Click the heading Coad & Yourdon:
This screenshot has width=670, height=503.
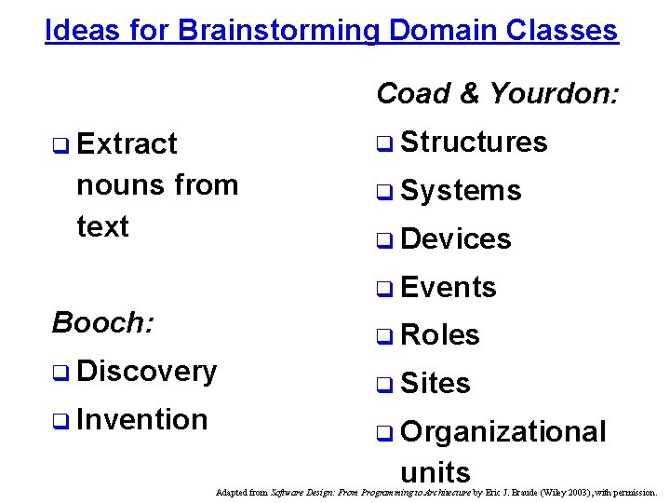point(497,93)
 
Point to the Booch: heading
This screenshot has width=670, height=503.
point(103,322)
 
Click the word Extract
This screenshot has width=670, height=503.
point(127,144)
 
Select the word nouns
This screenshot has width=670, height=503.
point(116,185)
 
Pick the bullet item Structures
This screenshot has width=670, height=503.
point(474,143)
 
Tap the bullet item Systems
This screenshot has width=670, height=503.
point(461,191)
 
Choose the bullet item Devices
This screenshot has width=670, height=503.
point(455,239)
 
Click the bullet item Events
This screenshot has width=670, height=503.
point(448,288)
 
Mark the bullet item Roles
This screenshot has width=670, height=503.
point(439,335)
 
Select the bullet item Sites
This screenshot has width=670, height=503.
point(435,384)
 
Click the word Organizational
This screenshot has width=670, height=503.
point(502,432)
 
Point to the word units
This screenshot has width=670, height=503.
point(435,472)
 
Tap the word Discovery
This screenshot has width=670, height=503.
point(147,371)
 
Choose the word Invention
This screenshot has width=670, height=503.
point(142,420)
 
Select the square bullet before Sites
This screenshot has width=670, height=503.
point(383,385)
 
